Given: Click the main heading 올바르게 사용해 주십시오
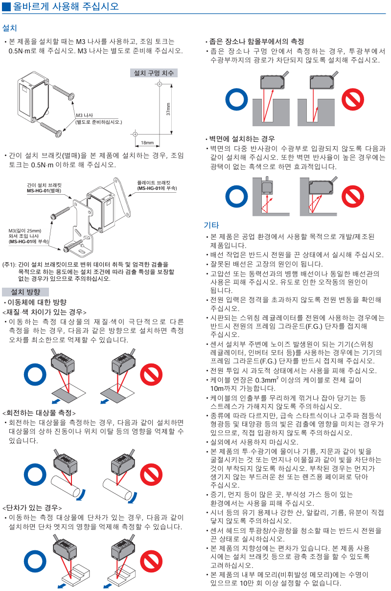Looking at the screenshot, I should (64, 7).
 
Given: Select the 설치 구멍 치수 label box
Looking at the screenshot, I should (154, 73).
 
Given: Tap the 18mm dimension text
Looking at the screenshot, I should (147, 143).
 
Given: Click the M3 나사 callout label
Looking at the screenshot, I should (85, 115).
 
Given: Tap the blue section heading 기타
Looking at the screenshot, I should (211, 225).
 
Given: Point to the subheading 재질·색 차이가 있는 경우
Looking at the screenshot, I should (44, 312).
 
